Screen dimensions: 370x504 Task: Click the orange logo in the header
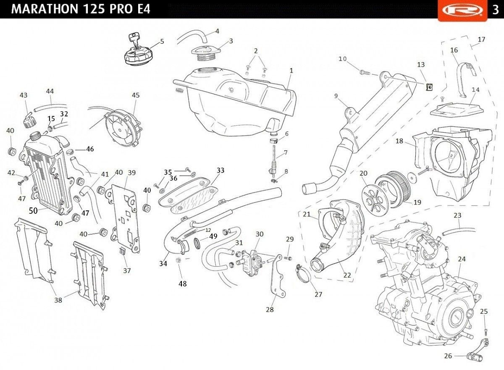461,10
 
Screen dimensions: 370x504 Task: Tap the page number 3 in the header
495,10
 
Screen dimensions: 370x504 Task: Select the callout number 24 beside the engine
462,259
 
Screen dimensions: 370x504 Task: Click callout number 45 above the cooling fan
135,95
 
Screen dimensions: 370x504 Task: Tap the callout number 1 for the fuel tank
291,71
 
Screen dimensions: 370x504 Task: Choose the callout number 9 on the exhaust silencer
336,96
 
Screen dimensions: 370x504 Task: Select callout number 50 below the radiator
34,210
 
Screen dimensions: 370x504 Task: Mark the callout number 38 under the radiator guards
58,300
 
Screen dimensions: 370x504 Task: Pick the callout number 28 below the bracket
270,310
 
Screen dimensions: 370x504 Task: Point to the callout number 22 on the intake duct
347,275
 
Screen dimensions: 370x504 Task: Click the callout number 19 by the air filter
417,202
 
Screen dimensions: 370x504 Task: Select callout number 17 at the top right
481,39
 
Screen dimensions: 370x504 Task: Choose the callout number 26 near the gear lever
448,356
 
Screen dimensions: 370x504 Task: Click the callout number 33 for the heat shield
220,171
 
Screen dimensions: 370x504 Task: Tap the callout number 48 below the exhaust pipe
182,283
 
